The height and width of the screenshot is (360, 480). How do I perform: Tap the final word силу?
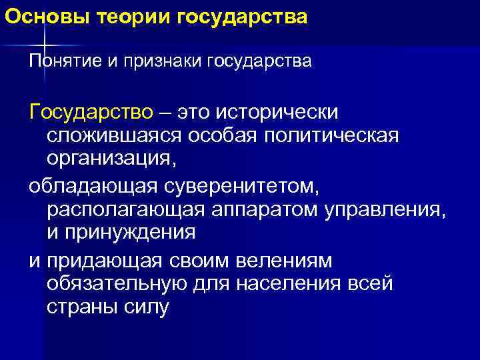pyautogui.click(x=147, y=309)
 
